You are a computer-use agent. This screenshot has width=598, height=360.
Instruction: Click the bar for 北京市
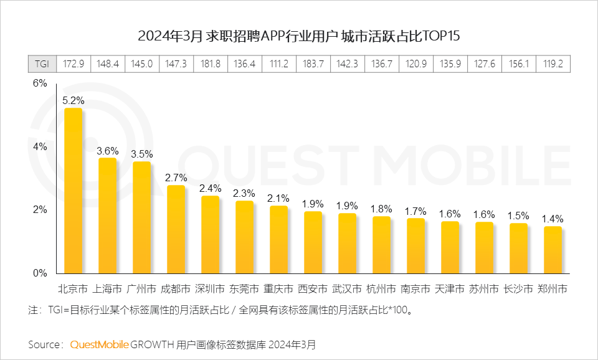(x=74, y=191)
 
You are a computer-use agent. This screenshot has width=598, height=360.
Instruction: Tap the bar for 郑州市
(x=553, y=250)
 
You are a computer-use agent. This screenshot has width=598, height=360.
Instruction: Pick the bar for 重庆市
(x=279, y=239)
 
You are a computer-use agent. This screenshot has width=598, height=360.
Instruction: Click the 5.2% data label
(x=74, y=100)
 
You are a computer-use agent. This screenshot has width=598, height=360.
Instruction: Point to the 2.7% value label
(x=176, y=178)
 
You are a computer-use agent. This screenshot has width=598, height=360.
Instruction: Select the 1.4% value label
(x=553, y=219)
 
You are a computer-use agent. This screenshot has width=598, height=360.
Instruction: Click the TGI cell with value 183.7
(x=313, y=64)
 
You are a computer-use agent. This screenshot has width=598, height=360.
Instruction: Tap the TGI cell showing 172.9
(x=74, y=64)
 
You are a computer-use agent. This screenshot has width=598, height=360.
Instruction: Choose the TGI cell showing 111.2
(x=279, y=64)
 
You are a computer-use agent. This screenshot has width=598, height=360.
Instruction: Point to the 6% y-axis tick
(x=39, y=83)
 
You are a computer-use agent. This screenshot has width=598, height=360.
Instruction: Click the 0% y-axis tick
(x=39, y=273)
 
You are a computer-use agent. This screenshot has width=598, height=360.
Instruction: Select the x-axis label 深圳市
(x=211, y=289)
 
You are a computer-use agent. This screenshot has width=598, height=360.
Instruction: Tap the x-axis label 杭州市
(x=382, y=289)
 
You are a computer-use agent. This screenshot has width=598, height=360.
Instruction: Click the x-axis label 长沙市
(x=519, y=289)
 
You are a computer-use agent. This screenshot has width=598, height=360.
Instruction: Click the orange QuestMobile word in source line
(x=100, y=344)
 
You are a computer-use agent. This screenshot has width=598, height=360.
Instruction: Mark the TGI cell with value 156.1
(x=519, y=64)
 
